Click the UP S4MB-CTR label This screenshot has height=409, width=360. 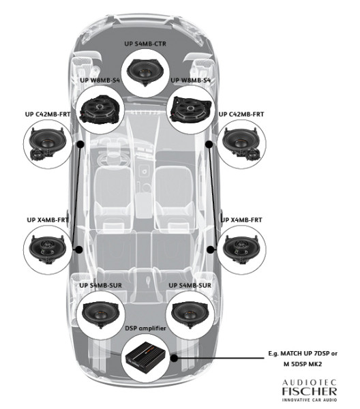pyautogui.click(x=147, y=44)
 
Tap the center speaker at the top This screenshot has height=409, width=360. pyautogui.click(x=147, y=72)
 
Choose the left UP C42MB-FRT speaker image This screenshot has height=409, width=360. pyautogui.click(x=48, y=145)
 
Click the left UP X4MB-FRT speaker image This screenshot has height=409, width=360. pyautogui.click(x=48, y=249)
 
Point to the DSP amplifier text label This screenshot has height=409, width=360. pyautogui.click(x=147, y=329)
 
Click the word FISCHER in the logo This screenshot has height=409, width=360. pyautogui.click(x=308, y=392)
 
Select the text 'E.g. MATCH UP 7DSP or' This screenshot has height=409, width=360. pyautogui.click(x=304, y=353)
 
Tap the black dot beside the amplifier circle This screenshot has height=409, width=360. pyautogui.click(x=175, y=357)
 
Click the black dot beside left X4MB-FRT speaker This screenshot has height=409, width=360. pyautogui.click(x=80, y=249)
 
